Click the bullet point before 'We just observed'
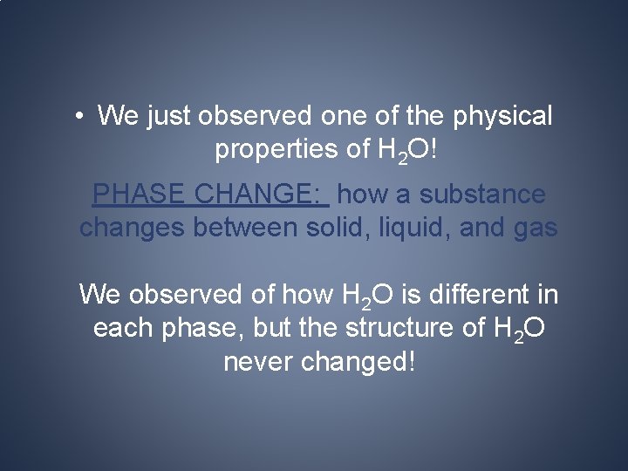click(79, 116)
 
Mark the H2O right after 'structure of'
click(522, 330)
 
